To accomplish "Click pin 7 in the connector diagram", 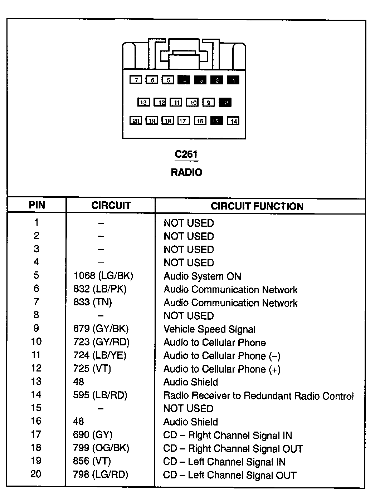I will point(136,80).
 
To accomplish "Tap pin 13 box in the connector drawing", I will point(143,102).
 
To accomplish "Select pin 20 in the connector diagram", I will point(136,121).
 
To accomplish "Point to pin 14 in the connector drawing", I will point(233,121).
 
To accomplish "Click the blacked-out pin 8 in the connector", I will point(225,102).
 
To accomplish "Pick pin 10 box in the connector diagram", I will point(193,102).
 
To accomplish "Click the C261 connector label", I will point(186,154).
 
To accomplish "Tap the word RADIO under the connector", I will point(186,172).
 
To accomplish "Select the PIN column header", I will point(37,205).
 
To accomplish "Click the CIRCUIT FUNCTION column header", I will point(257,206).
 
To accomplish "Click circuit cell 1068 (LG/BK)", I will point(103,276).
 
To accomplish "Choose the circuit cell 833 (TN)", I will point(93,302).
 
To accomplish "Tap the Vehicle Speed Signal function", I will point(209,329).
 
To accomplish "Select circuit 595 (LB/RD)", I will point(100,395).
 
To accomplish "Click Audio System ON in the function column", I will point(202,276).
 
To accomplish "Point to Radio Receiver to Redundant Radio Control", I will point(258,396).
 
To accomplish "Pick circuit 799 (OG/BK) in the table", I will point(101,448).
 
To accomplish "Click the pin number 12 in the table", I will point(36,368).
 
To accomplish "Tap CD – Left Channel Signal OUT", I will point(229,475).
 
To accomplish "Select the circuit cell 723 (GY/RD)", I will point(101,342).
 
